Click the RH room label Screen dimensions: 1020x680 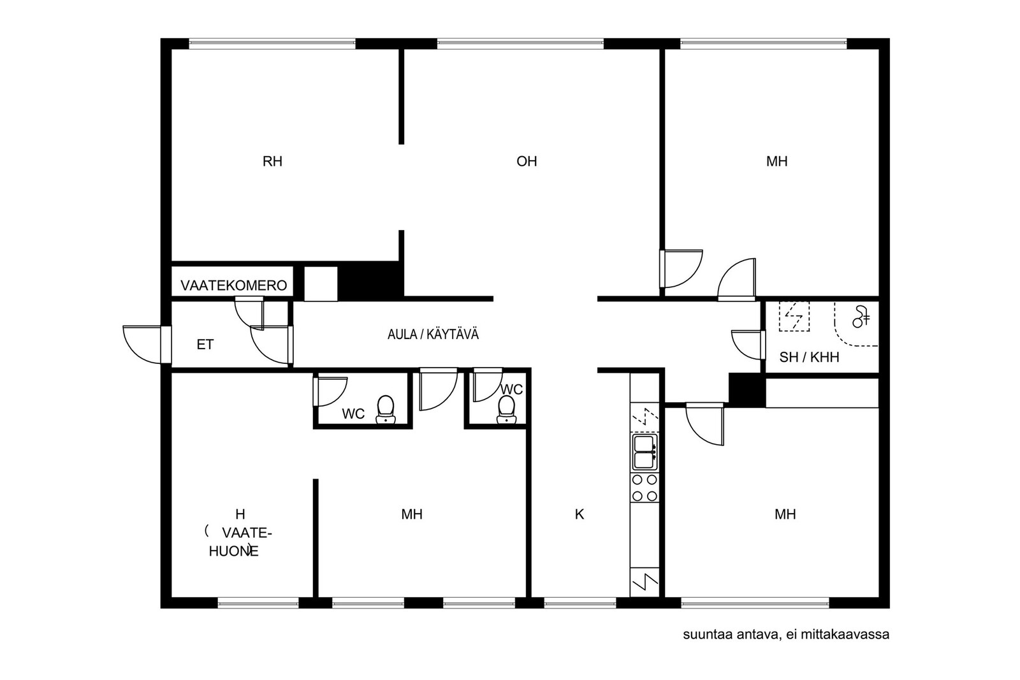[x=272, y=161]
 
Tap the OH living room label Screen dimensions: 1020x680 [x=527, y=161]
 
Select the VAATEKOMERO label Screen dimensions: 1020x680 [x=233, y=286]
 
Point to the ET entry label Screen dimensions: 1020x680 [x=205, y=345]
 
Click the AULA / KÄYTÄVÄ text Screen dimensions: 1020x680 [x=433, y=335]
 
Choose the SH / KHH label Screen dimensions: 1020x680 [x=809, y=358]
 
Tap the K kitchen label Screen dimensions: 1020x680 [x=579, y=514]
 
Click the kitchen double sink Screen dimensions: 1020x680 [x=645, y=451]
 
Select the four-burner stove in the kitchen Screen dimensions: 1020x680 [x=645, y=488]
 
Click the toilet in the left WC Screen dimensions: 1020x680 [x=386, y=409]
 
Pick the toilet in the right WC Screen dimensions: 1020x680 [x=506, y=410]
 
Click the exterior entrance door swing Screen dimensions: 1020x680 [x=142, y=345]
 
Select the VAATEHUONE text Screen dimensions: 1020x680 [x=240, y=542]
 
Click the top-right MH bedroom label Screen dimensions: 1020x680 [x=777, y=161]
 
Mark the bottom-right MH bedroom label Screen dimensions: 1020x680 [x=785, y=514]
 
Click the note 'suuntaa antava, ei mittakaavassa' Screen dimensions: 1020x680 [x=786, y=635]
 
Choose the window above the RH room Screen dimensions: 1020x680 [x=272, y=44]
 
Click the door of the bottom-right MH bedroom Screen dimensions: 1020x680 [x=704, y=424]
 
